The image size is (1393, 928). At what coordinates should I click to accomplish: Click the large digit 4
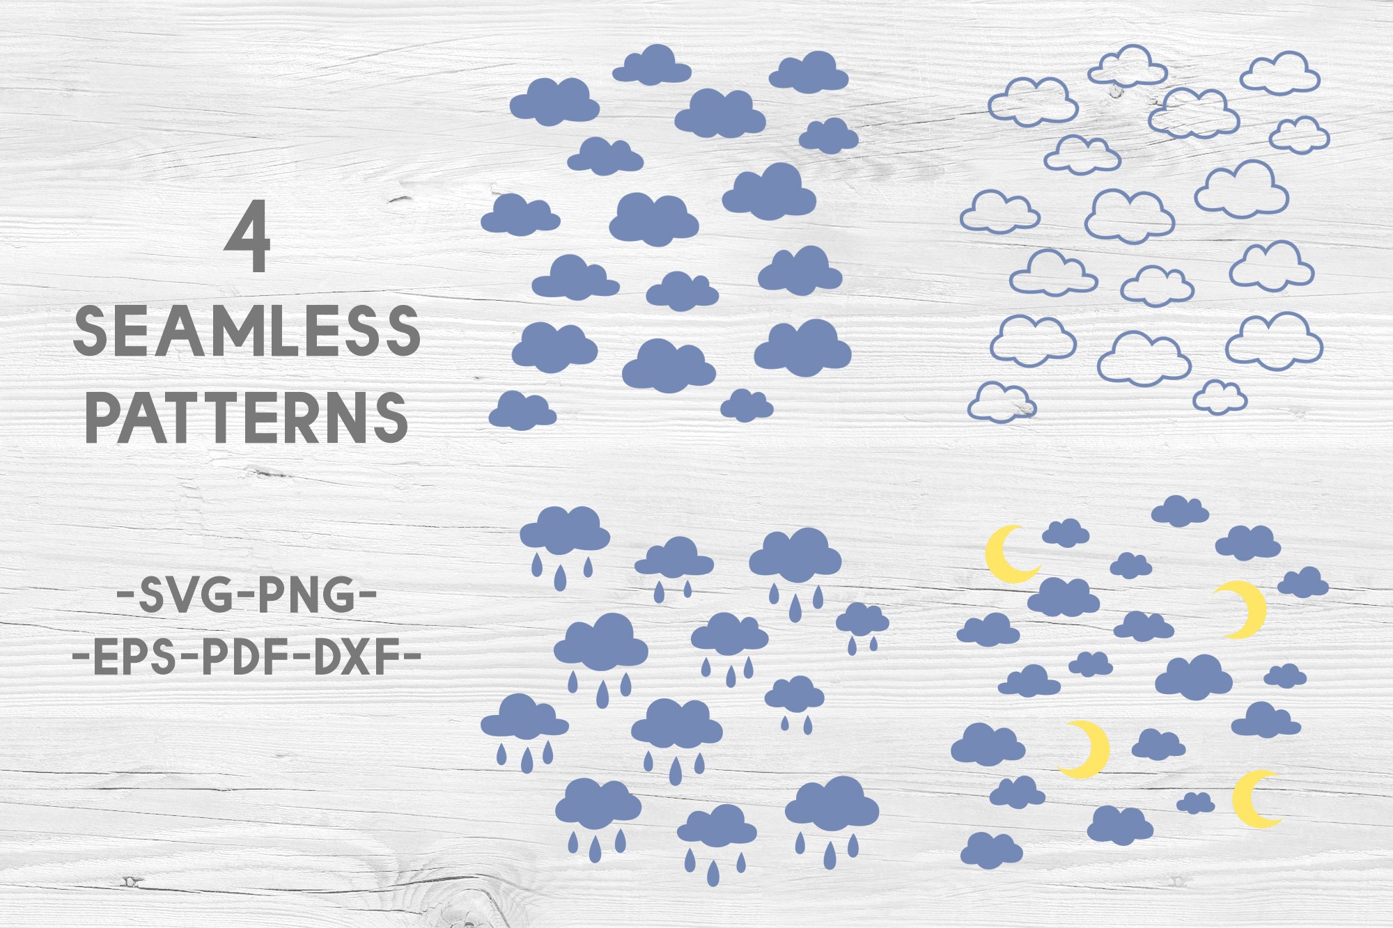click(247, 237)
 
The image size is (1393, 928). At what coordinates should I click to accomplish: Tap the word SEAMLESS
click(247, 331)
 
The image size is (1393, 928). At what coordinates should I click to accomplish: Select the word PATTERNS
click(247, 417)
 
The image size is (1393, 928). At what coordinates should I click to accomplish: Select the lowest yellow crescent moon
click(1254, 799)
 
